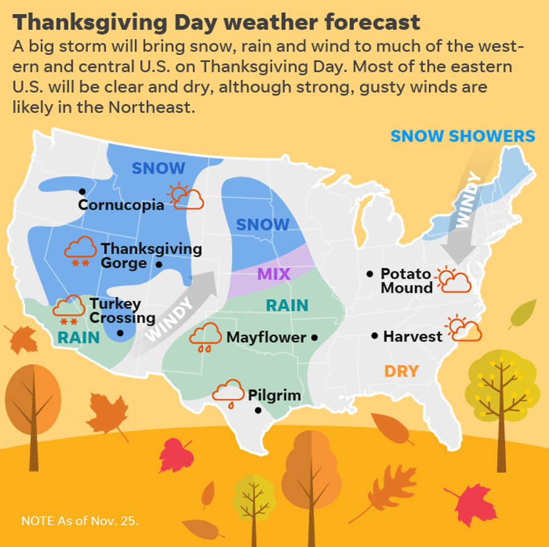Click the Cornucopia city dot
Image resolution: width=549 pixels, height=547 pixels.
coord(82,191)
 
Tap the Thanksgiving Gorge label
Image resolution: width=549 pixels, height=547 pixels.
coord(151,256)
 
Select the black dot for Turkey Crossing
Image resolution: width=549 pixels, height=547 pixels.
coord(120,333)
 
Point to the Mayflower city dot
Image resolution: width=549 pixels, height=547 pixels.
coord(314,337)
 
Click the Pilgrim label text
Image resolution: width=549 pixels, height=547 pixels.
coord(274,395)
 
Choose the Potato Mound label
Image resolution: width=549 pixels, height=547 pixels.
coord(406,281)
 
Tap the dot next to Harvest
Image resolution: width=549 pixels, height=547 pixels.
coord(375,336)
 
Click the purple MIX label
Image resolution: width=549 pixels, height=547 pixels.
coord(274,274)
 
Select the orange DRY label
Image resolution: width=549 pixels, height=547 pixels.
coord(401,371)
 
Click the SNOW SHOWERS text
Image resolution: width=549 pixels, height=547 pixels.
coord(462,136)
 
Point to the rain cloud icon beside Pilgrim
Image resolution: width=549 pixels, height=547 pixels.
coord(228,391)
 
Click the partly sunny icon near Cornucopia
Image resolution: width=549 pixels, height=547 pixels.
coord(186,196)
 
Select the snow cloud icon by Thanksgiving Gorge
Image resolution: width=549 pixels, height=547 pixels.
coord(80,251)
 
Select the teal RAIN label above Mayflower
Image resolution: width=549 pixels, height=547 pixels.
coord(287,306)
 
